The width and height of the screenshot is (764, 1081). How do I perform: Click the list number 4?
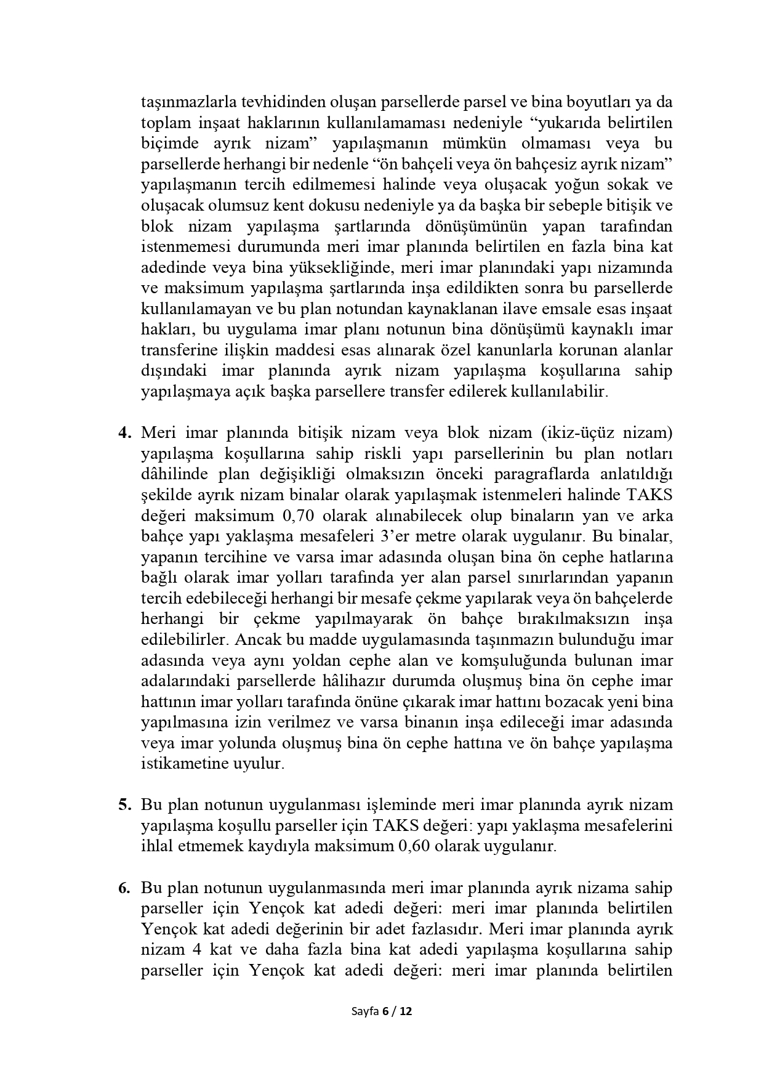tap(125, 433)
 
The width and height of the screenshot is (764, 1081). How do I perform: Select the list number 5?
tap(125, 805)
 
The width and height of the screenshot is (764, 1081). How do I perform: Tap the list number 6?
tap(125, 888)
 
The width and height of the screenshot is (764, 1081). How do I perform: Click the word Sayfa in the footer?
tap(364, 1011)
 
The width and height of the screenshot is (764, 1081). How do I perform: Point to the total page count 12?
tap(406, 1011)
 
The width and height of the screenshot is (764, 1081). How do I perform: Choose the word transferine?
tap(179, 350)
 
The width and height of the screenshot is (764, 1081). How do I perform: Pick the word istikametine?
tap(179, 764)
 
